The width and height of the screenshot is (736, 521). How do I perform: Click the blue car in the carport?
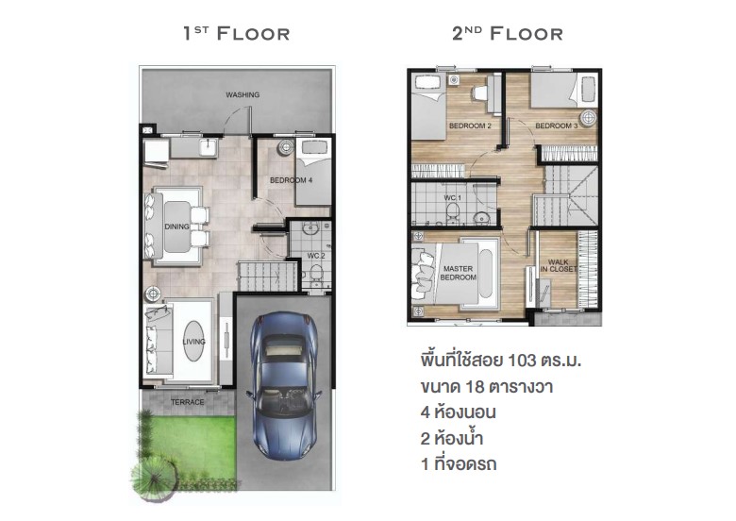(x=284, y=386)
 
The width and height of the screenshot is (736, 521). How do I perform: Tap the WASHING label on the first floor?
(x=243, y=94)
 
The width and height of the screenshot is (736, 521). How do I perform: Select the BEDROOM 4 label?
(x=291, y=180)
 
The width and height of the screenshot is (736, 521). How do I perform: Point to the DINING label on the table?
(x=177, y=227)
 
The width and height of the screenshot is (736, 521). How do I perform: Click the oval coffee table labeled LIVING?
(x=193, y=341)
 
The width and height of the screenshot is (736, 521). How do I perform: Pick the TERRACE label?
(x=187, y=402)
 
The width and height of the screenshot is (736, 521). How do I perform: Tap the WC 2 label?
(x=316, y=256)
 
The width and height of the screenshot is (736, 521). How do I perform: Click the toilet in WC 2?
(x=316, y=274)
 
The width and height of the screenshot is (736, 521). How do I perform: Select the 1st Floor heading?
(x=236, y=33)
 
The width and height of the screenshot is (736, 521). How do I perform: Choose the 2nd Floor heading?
(x=508, y=33)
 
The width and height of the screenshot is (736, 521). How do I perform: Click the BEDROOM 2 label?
(x=470, y=126)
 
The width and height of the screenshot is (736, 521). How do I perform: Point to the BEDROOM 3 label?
(x=556, y=126)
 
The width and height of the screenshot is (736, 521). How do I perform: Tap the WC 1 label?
(x=453, y=198)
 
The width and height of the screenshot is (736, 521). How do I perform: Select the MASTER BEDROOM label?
(x=459, y=273)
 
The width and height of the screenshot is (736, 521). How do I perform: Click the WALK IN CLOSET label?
(x=558, y=265)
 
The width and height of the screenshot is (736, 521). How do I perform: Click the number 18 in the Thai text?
(x=475, y=387)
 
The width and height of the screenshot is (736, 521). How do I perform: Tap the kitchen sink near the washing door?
(x=207, y=147)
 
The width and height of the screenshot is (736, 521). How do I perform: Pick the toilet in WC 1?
(x=453, y=212)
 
